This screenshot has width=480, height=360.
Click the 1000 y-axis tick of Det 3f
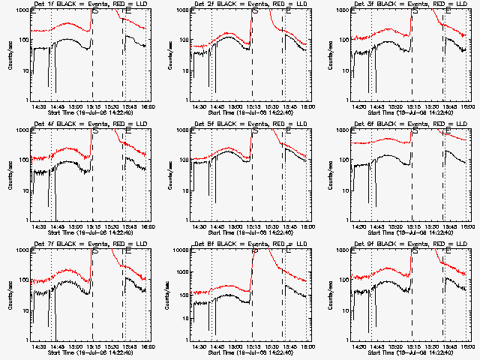pyautogui.click(x=340, y=10)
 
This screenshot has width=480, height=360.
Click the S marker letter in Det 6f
pyautogui.click(x=415, y=131)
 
